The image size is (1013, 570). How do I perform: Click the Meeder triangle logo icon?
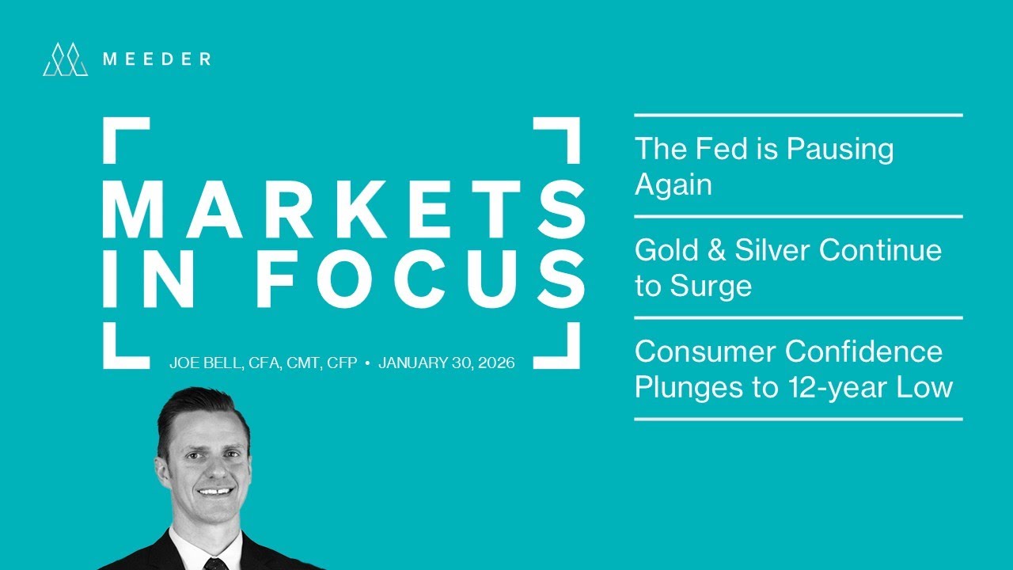coord(65,59)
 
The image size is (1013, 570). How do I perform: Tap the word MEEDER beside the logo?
coord(157,59)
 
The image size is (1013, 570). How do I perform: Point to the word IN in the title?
coord(147,278)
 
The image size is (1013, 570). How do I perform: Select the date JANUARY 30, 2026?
coord(447,363)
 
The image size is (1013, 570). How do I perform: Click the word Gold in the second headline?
coord(663,250)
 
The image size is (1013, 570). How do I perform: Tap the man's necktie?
coord(215,564)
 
